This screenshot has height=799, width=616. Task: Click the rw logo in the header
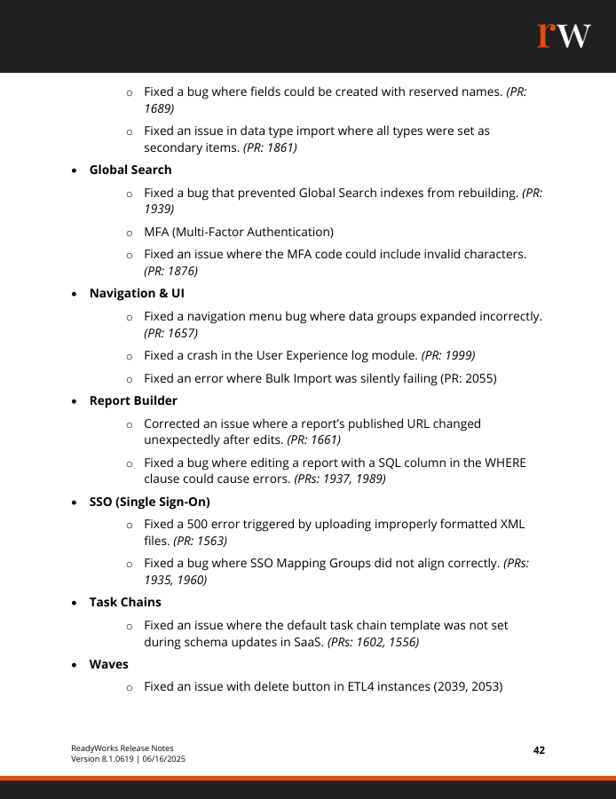tap(563, 36)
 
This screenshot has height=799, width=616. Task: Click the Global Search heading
tap(130, 170)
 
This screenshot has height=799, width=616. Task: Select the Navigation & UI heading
tap(137, 293)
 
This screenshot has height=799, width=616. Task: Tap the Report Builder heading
tap(133, 400)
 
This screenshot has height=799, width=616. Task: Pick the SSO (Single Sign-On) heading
tap(149, 502)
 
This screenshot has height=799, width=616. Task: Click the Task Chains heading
tap(125, 602)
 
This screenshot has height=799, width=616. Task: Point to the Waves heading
tap(108, 664)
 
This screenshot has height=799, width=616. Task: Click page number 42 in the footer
tap(539, 750)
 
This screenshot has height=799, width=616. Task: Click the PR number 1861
tap(278, 148)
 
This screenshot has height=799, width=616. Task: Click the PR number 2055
tap(477, 378)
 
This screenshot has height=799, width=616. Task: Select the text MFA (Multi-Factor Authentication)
tap(239, 233)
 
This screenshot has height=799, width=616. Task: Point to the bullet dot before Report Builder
tap(75, 401)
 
